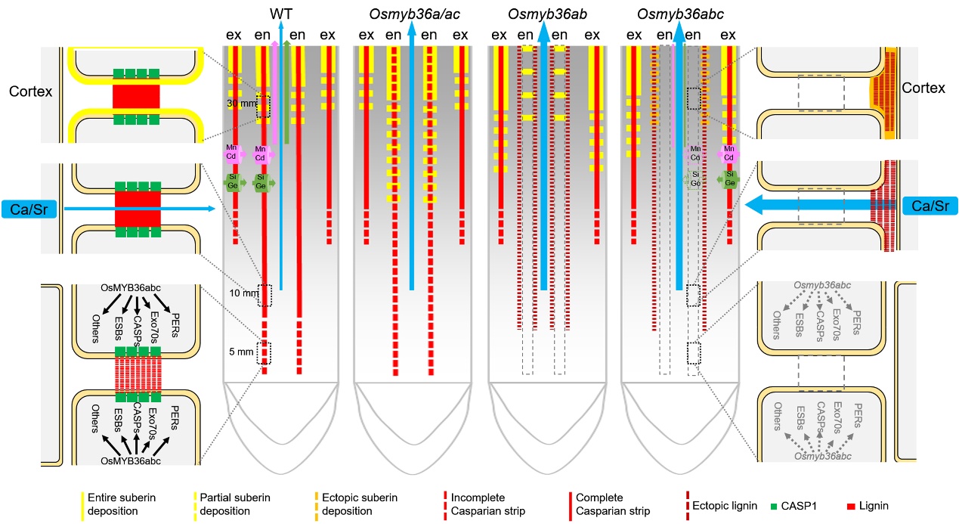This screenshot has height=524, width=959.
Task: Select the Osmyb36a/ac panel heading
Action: pyautogui.click(x=410, y=14)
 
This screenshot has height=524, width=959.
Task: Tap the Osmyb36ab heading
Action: pyautogui.click(x=543, y=14)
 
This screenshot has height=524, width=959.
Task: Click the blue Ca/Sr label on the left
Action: pyautogui.click(x=29, y=209)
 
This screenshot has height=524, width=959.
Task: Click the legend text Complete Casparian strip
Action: pyautogui.click(x=612, y=504)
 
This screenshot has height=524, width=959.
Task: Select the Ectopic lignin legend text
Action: pyautogui.click(x=723, y=505)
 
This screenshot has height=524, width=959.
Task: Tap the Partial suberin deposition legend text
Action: pyautogui.click(x=236, y=504)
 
